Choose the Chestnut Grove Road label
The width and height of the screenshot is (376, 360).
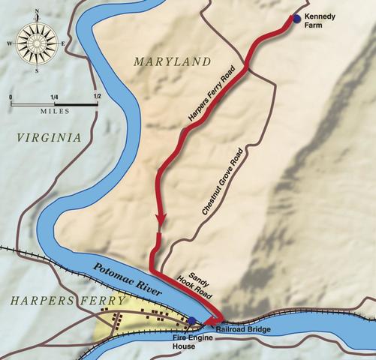pos(223,181)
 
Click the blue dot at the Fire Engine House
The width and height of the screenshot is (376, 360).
pos(192,321)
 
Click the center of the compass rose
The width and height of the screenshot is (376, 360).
pos(35,42)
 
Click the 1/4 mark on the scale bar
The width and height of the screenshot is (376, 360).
pos(54,96)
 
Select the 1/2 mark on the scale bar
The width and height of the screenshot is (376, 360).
pos(95,96)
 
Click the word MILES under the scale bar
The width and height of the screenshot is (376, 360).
pos(55,111)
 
